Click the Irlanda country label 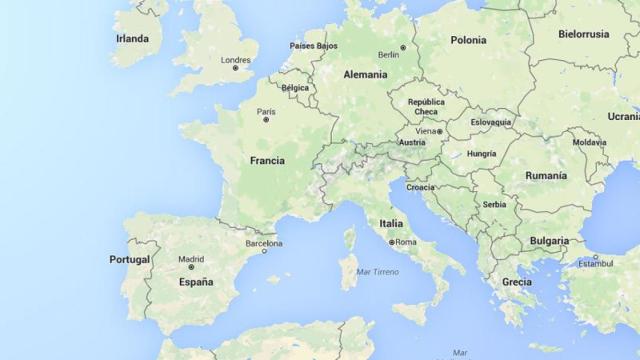131,39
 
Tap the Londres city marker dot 236,68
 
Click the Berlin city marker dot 403,47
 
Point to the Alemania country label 365,74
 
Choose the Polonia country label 468,40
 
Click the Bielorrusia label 583,33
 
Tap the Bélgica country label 295,88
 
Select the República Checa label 426,106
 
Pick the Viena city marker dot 438,131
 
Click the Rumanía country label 545,175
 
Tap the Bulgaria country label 549,241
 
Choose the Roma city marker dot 391,242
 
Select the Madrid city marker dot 191,267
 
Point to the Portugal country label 129,260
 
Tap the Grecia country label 517,282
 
